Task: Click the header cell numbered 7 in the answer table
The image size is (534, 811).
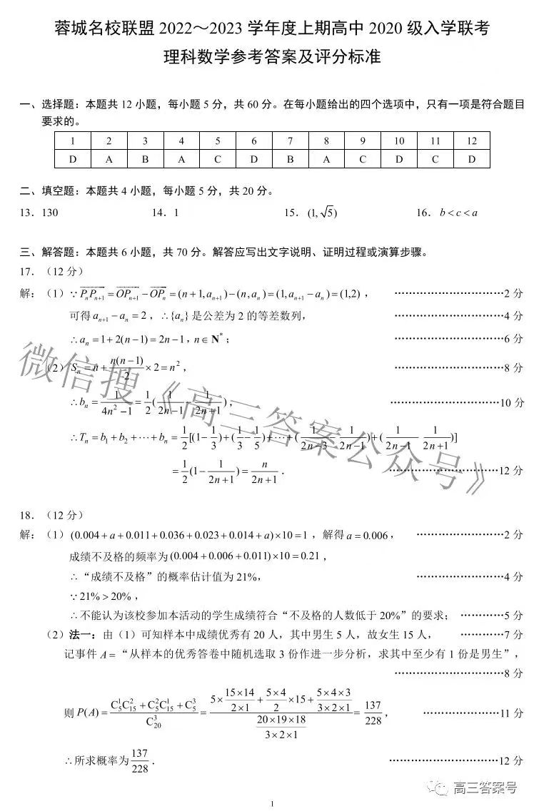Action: click(290, 141)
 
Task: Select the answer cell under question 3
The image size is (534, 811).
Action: click(145, 159)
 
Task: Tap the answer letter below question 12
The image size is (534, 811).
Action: click(471, 159)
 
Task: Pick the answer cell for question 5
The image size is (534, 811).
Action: click(217, 159)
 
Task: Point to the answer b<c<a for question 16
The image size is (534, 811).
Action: click(458, 212)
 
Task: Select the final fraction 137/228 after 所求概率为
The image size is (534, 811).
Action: click(139, 760)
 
